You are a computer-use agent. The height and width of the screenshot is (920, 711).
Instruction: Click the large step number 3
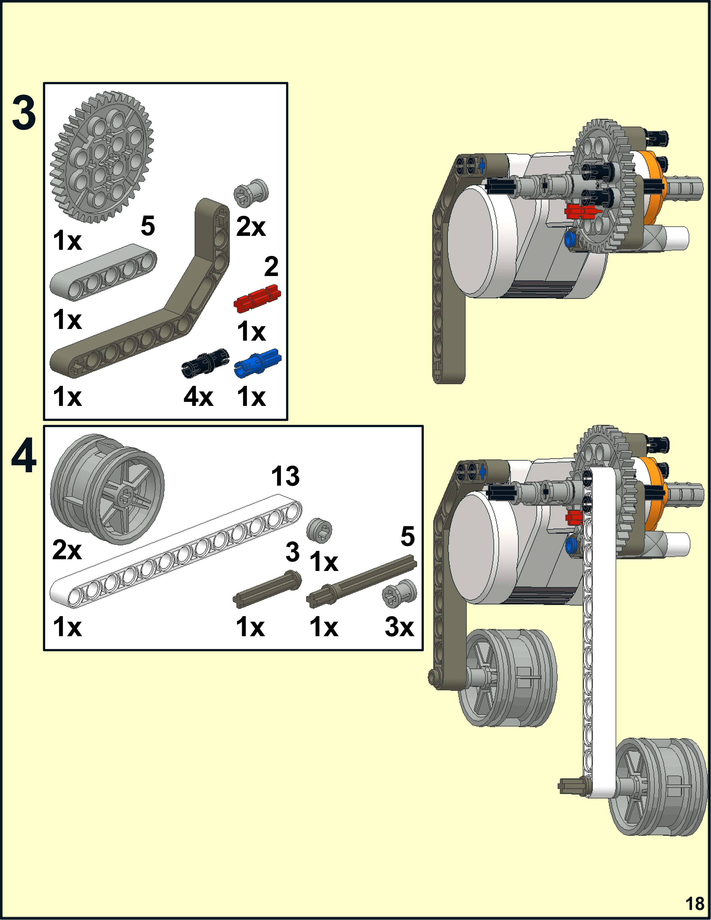[24, 113]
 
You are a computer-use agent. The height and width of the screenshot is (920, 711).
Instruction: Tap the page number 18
[694, 904]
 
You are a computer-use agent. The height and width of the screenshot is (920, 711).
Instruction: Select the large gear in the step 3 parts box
[101, 157]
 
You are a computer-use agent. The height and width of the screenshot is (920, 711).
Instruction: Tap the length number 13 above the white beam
[285, 476]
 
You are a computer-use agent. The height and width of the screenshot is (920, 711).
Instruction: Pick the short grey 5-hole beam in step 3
[103, 272]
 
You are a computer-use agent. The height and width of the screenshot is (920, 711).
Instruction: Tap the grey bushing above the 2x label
[251, 193]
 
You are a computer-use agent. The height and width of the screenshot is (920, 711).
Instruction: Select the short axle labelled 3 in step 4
[267, 589]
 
